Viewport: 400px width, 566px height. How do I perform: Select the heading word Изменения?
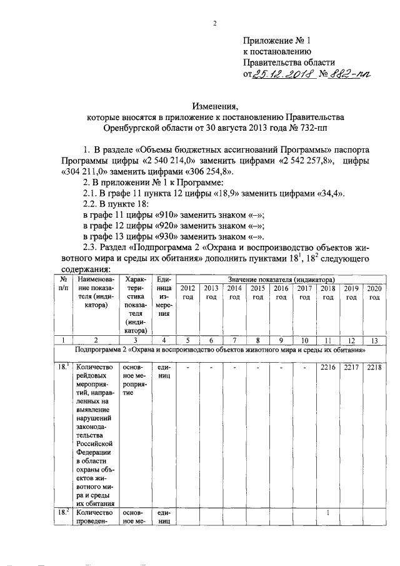click(x=215, y=106)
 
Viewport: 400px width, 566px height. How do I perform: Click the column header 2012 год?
click(x=187, y=292)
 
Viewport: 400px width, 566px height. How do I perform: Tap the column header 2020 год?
click(x=374, y=292)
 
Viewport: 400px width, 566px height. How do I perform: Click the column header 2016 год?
click(x=281, y=292)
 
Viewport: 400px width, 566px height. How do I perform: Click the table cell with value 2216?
click(x=327, y=366)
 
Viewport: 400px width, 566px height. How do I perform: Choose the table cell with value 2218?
click(x=374, y=366)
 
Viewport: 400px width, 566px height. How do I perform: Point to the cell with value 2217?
click(x=351, y=366)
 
